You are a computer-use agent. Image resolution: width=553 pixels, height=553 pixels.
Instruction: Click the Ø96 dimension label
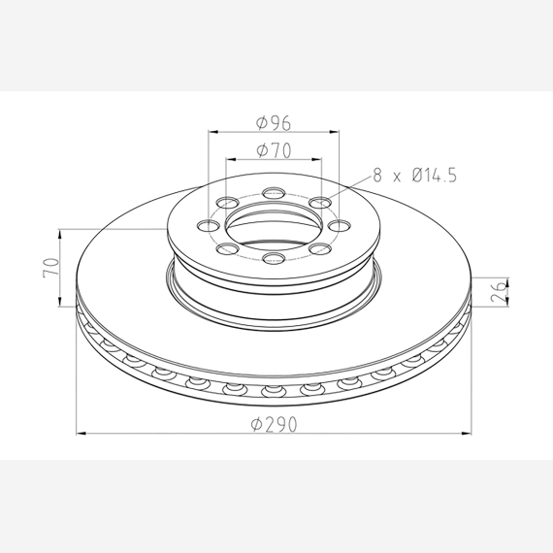274,123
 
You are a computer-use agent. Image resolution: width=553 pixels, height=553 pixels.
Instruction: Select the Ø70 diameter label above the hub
274,150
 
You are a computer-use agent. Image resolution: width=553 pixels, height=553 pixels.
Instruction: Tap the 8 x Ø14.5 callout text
415,176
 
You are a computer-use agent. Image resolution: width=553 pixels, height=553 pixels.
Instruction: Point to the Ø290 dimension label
274,424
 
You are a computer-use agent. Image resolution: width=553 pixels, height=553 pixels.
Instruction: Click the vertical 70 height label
50,268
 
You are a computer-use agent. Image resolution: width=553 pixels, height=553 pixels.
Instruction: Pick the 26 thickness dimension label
499,292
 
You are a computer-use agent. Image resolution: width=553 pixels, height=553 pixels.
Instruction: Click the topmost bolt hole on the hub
274,193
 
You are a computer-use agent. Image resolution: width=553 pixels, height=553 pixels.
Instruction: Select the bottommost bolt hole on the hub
274,258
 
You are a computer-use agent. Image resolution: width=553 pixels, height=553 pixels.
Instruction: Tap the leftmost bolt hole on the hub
209,225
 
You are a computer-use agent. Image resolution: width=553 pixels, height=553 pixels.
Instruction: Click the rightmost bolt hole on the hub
339,225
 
